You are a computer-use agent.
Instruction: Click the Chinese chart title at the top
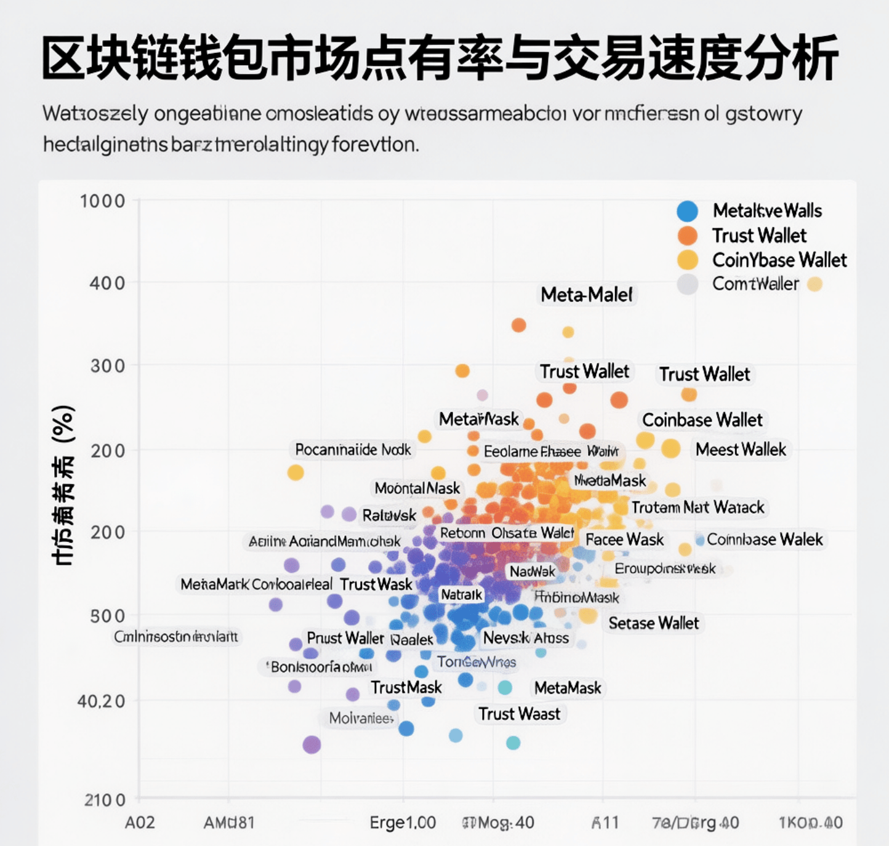440,58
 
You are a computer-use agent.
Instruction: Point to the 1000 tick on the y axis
102,201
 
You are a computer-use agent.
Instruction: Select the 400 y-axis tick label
107,283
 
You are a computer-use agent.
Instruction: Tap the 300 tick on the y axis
107,365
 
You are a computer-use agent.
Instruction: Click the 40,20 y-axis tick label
101,701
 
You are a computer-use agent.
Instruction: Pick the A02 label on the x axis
140,823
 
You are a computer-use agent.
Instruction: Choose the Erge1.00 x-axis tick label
403,823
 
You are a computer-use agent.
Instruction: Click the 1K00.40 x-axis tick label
810,823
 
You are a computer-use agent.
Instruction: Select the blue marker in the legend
687,211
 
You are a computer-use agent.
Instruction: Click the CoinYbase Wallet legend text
779,260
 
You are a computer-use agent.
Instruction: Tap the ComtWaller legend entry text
755,284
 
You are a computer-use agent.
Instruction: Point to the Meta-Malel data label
587,295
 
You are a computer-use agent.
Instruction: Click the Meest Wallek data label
741,450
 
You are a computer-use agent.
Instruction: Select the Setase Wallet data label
654,623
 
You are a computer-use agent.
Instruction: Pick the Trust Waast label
520,714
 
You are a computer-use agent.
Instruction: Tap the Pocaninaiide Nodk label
353,450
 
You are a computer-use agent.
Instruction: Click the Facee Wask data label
624,540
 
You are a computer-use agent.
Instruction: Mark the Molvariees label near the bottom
361,718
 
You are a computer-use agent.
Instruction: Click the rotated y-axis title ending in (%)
63,486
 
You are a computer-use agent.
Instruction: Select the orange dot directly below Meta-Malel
519,325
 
